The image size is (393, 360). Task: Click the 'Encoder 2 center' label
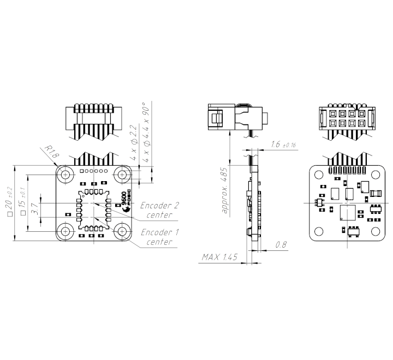tap(159, 210)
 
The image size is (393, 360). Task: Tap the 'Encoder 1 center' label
tap(159, 237)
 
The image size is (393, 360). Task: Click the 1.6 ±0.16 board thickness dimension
tap(283, 145)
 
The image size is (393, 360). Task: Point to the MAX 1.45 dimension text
tap(219, 257)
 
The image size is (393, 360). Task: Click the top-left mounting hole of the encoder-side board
tap(67, 175)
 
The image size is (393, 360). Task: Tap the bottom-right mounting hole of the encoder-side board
tap(121, 231)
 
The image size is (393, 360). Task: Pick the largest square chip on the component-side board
tap(347, 212)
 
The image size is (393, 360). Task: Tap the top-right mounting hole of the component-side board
tap(374, 174)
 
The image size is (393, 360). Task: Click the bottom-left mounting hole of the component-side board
tap(319, 231)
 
